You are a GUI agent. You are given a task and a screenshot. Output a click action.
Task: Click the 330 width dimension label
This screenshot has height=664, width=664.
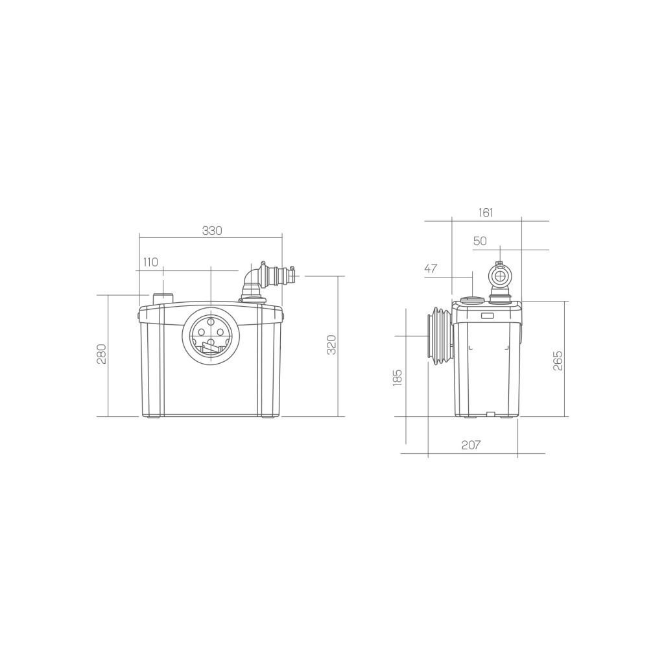(x=212, y=231)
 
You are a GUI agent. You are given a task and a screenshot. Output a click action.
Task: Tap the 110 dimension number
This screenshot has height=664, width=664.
(x=150, y=262)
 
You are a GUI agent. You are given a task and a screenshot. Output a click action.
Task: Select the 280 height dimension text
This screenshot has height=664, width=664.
(x=102, y=353)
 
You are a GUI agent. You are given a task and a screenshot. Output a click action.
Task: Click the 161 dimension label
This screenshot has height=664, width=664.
(x=486, y=212)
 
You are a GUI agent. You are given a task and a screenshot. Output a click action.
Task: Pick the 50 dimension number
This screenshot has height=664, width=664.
(x=480, y=241)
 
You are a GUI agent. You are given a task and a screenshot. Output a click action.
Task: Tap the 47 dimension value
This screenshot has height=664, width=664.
(x=431, y=268)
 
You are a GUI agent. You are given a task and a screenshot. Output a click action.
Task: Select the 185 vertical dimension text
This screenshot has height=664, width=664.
(x=397, y=378)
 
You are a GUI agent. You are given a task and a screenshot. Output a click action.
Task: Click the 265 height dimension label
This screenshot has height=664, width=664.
(x=558, y=361)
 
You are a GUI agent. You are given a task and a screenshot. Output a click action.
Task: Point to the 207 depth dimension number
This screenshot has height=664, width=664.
(x=471, y=445)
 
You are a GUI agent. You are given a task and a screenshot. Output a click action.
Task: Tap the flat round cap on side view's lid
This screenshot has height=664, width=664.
(x=472, y=300)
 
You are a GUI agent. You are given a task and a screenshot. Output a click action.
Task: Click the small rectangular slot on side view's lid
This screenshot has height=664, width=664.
(x=487, y=316)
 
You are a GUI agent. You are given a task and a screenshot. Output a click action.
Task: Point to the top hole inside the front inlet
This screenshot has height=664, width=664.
(x=211, y=320)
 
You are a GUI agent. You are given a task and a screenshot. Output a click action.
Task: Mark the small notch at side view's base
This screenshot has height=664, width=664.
(x=490, y=414)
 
